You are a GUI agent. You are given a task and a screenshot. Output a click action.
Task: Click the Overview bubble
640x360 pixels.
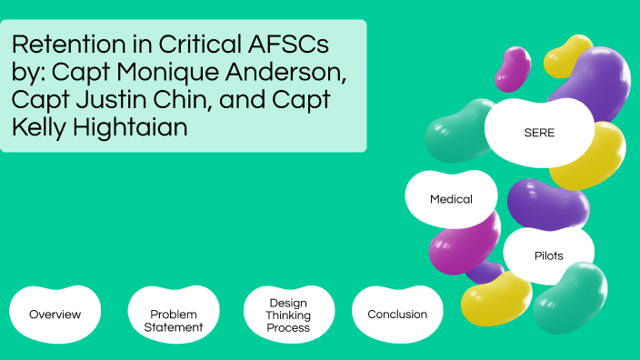click(55, 315)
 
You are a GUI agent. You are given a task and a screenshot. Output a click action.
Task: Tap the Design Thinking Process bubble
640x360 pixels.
click(289, 315)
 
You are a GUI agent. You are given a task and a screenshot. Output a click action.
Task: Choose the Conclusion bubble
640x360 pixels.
click(397, 315)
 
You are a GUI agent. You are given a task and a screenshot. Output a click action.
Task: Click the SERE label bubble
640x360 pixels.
click(538, 133)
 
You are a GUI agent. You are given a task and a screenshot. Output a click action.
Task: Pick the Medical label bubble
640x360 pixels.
click(451, 198)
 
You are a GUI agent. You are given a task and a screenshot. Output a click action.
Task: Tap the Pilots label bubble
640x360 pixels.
click(548, 255)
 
